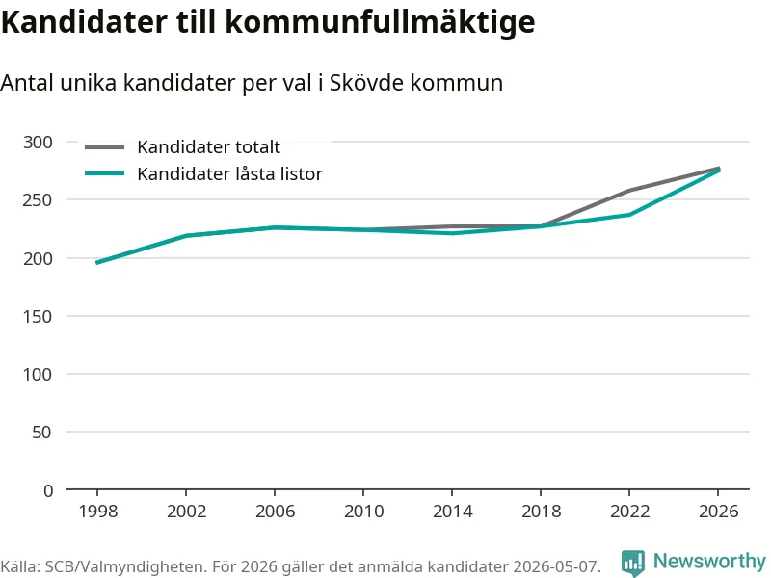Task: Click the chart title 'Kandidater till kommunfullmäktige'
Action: [268, 21]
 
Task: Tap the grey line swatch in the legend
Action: [104, 147]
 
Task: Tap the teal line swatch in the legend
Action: [104, 173]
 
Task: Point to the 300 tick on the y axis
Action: [38, 142]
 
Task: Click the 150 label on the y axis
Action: [38, 316]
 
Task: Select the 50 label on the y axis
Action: [41, 432]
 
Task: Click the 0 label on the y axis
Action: [47, 490]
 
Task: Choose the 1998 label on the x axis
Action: [98, 512]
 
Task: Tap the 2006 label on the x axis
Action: [275, 512]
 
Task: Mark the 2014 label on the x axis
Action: [452, 512]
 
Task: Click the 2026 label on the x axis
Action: [718, 512]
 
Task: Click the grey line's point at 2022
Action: [629, 190]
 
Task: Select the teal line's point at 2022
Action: [629, 214]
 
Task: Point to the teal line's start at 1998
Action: [97, 263]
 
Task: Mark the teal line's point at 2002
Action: [186, 235]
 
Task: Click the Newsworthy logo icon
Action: [633, 563]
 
